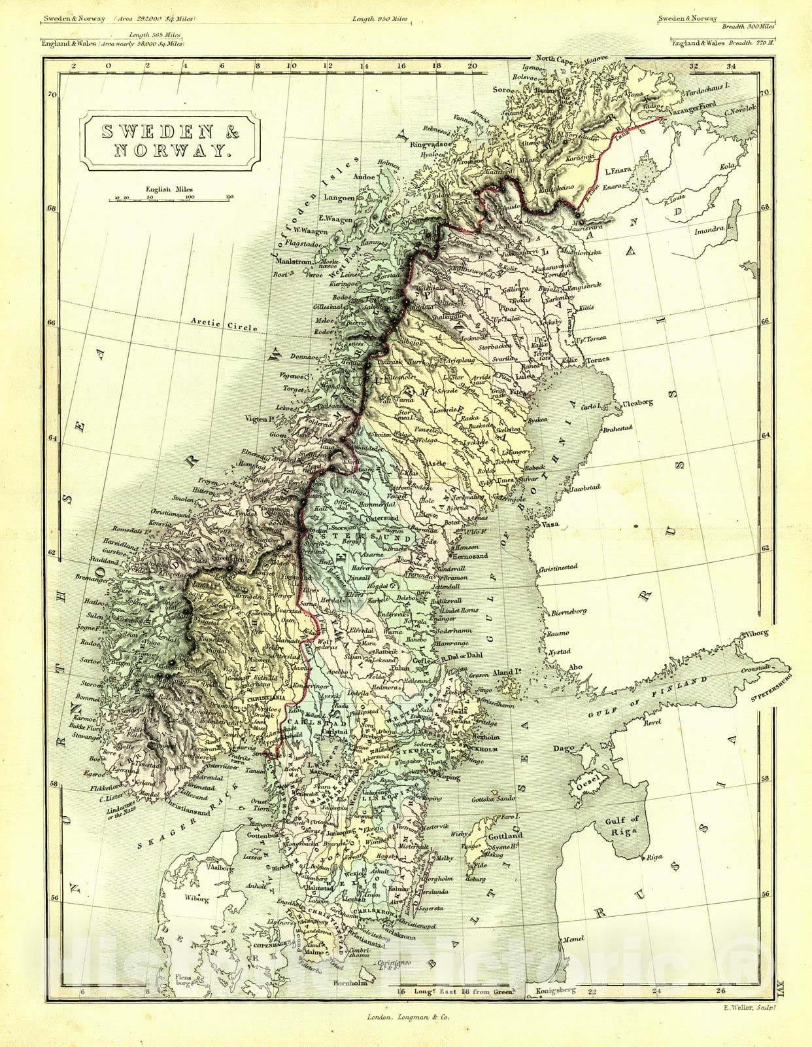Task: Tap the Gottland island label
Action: (x=505, y=836)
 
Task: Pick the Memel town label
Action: (x=573, y=939)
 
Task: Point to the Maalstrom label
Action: (x=292, y=260)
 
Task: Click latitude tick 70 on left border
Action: (x=52, y=94)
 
